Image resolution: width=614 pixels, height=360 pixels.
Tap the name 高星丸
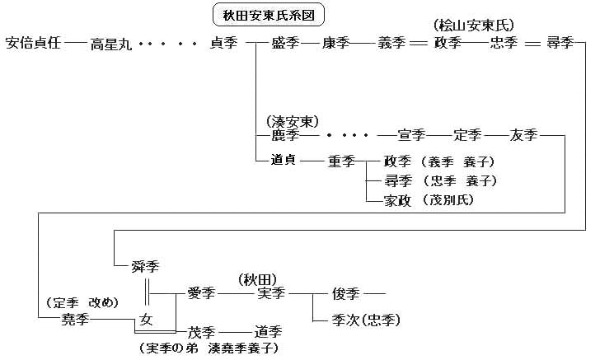110,44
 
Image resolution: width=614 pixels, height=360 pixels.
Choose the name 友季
524,135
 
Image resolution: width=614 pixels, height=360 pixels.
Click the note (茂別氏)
451,199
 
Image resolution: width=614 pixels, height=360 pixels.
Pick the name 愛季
201,292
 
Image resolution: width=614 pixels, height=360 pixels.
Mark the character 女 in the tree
147,318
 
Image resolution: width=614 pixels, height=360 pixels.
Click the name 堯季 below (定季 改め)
73,318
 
